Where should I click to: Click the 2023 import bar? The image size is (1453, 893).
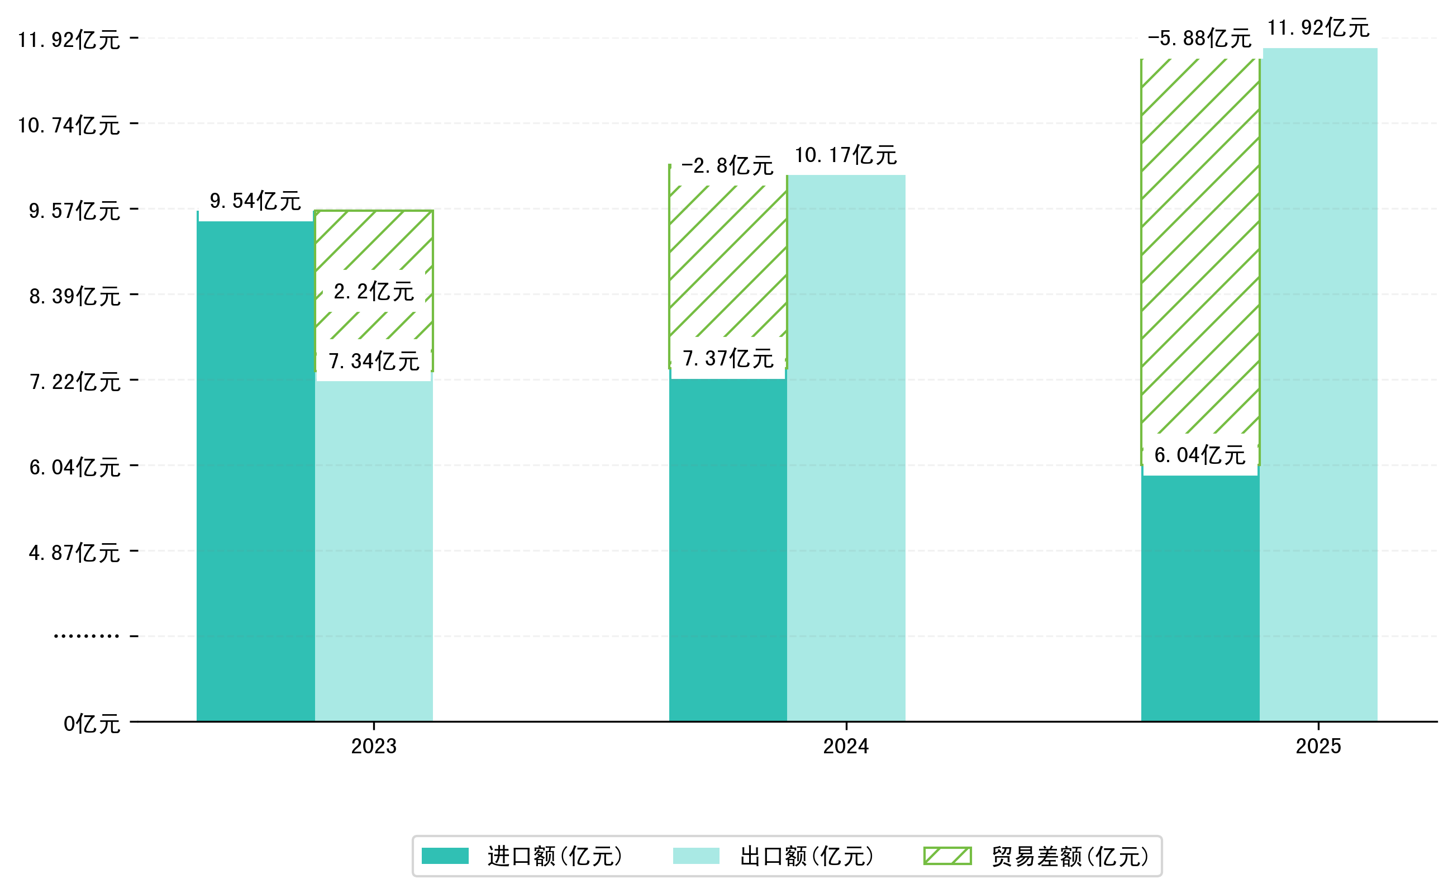pyautogui.click(x=255, y=473)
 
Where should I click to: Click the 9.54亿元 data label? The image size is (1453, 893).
pyautogui.click(x=255, y=201)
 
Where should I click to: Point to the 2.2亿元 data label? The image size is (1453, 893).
pyautogui.click(x=374, y=292)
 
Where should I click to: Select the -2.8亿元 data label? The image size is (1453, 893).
pyautogui.click(x=727, y=166)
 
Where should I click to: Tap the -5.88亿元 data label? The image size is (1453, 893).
pyautogui.click(x=1199, y=39)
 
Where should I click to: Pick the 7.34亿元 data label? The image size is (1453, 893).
pyautogui.click(x=374, y=362)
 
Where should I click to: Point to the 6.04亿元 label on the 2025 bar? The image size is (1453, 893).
pyautogui.click(x=1200, y=455)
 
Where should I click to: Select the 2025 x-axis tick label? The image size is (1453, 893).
pyautogui.click(x=1318, y=747)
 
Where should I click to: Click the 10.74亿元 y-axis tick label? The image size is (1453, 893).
pyautogui.click(x=69, y=126)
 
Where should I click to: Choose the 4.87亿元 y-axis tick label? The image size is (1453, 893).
pyautogui.click(x=74, y=553)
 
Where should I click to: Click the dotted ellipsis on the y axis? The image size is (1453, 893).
pyautogui.click(x=86, y=636)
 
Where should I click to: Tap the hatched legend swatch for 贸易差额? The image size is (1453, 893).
pyautogui.click(x=947, y=856)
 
